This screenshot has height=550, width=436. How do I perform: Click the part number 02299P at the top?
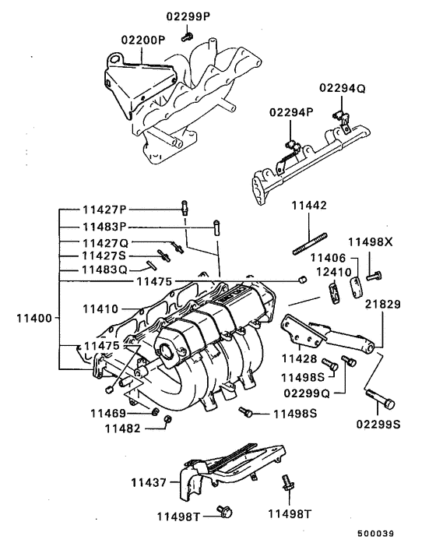point(187,16)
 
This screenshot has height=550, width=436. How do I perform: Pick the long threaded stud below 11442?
point(308,237)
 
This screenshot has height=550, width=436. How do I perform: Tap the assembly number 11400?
point(31,319)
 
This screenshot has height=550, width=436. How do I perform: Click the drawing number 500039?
point(377,534)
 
